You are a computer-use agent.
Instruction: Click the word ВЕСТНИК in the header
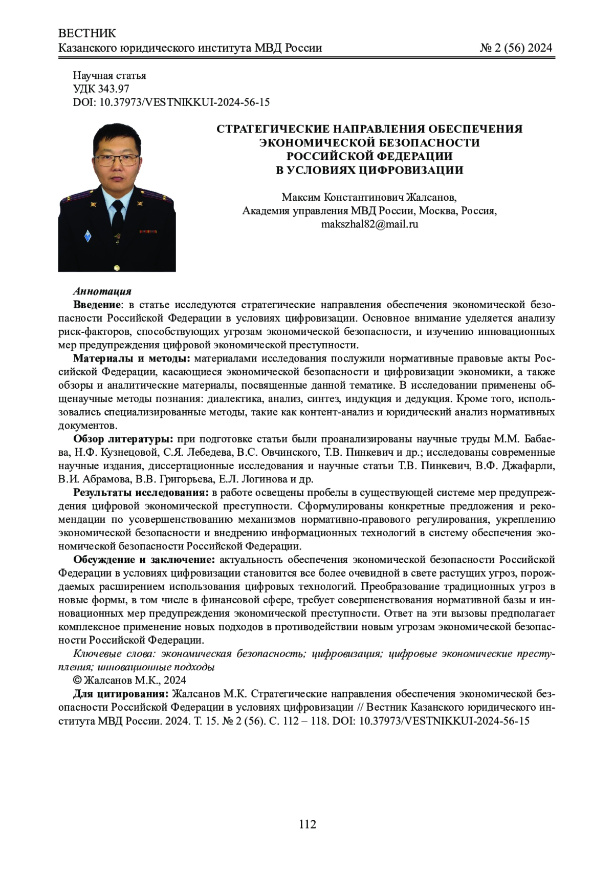click(87, 34)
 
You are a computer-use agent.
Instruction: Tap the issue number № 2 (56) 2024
click(516, 48)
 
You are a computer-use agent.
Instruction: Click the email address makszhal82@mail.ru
click(369, 224)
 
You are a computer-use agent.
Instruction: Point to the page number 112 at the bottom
click(308, 824)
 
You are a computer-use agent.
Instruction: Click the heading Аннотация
click(102, 292)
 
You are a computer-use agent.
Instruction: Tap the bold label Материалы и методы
click(131, 358)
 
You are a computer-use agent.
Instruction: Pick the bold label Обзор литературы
click(123, 439)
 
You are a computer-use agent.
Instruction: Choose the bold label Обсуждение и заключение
click(144, 560)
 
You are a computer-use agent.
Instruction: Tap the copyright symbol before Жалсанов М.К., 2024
click(78, 681)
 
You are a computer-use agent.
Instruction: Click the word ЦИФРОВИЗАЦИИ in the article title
click(409, 170)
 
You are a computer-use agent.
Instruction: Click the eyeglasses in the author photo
click(117, 159)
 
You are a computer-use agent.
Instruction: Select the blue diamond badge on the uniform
click(88, 236)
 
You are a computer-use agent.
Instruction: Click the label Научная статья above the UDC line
click(109, 76)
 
